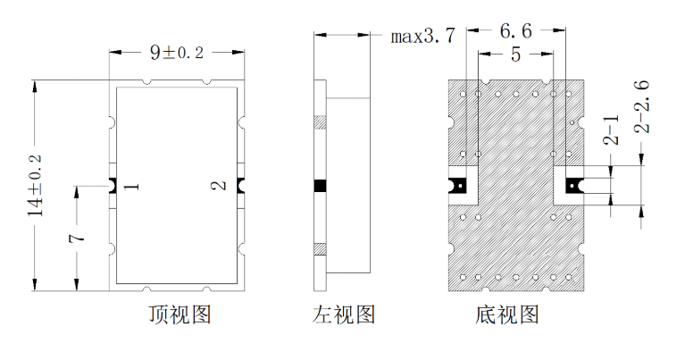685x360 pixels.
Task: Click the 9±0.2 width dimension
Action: click(x=177, y=53)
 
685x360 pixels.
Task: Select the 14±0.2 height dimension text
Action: click(x=35, y=185)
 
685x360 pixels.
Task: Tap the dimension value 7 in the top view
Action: click(x=76, y=239)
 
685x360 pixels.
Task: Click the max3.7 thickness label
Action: click(x=423, y=36)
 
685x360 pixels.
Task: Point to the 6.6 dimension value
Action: click(x=516, y=31)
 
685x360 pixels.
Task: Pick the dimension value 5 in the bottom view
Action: click(x=516, y=54)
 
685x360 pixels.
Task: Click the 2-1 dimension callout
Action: click(x=611, y=130)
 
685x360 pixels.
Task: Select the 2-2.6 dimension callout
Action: click(x=641, y=106)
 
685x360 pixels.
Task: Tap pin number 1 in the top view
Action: click(x=131, y=187)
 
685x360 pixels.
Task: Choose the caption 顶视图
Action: click(x=180, y=314)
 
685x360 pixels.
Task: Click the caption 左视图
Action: click(x=344, y=314)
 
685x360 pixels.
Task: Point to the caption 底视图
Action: click(x=507, y=314)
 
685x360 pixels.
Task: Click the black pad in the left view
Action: click(x=321, y=186)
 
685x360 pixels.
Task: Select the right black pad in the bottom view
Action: click(x=574, y=186)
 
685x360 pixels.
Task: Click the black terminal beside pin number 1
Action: click(x=112, y=186)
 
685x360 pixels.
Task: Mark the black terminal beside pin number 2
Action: click(x=241, y=186)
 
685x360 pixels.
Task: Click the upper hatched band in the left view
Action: click(x=321, y=122)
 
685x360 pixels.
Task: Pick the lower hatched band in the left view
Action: click(x=321, y=249)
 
